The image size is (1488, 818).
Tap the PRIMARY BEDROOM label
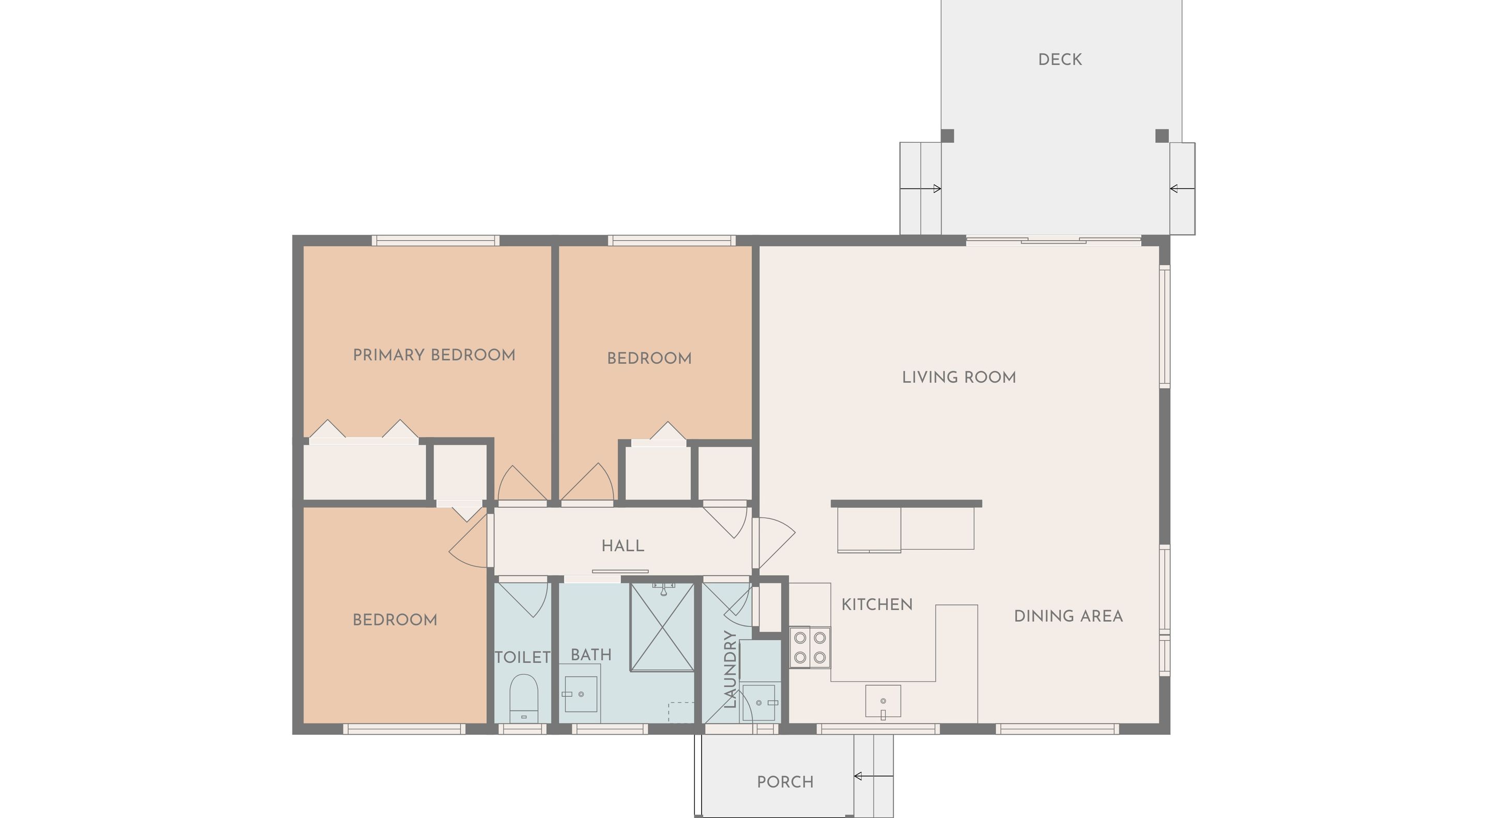coord(434,354)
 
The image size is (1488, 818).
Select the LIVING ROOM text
coord(959,377)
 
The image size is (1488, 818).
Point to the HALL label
coord(623,546)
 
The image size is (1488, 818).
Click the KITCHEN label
coord(877,604)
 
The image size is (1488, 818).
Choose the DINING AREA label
coord(1068,616)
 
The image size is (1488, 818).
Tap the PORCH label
coord(785,782)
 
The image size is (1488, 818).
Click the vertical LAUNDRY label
coord(730,669)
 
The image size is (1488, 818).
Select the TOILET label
coord(523,657)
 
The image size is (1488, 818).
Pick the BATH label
coord(591,655)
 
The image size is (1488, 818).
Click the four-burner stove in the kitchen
coord(810,647)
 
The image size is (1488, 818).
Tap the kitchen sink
coord(882,702)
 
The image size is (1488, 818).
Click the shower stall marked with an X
coord(662,627)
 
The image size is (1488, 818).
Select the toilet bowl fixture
coord(524,698)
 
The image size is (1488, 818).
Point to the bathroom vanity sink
coord(581,694)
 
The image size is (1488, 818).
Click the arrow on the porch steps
coord(873,776)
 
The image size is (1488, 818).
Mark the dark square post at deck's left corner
coord(948,136)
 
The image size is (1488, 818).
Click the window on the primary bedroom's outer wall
coord(435,240)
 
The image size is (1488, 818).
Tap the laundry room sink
coord(759,702)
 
